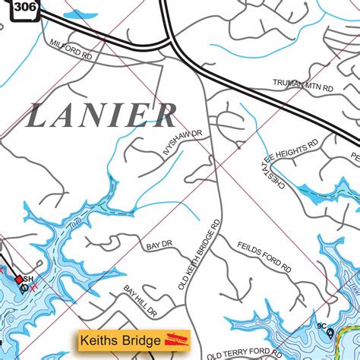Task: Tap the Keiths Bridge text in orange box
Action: point(126,339)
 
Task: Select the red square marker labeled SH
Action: point(20,279)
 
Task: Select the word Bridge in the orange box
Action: point(141,339)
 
